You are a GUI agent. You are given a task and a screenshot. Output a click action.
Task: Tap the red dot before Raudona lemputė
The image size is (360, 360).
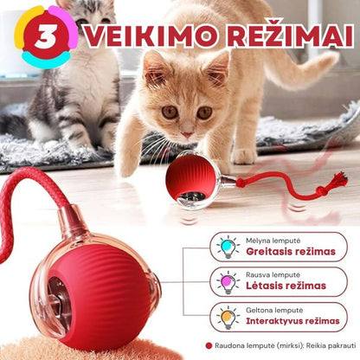pyautogui.click(x=209, y=347)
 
